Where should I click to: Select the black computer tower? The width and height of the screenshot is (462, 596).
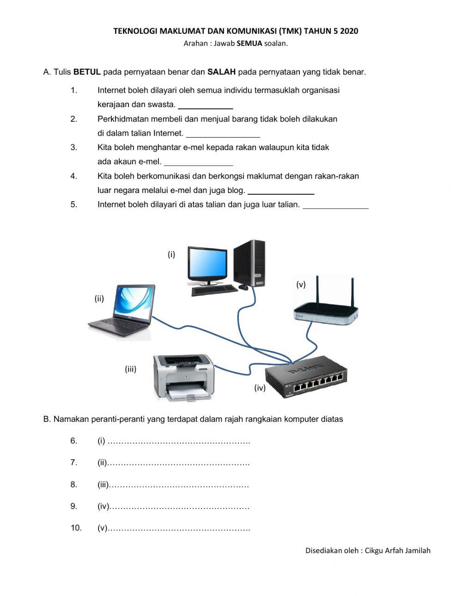coord(250,263)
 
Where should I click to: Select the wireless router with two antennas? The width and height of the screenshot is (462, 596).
coord(326,308)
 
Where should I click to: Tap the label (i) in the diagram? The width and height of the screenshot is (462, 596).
coord(171,254)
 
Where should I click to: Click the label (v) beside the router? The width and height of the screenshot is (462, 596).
coord(301,284)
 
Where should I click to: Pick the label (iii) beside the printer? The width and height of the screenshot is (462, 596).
coord(131,369)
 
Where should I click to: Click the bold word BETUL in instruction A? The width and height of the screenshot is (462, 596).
coord(87,72)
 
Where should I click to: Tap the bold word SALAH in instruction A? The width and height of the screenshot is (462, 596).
coord(222,72)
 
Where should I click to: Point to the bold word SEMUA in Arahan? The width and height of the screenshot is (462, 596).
coord(249,43)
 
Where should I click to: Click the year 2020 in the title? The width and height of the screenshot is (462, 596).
coord(349,31)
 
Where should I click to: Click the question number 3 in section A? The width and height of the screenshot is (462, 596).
coord(74,148)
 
